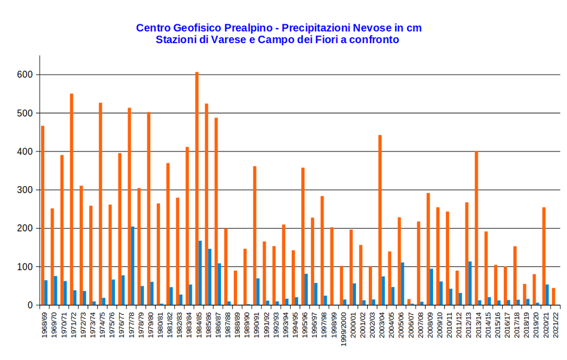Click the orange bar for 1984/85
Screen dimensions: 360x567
197,188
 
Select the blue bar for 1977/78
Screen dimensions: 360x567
132,266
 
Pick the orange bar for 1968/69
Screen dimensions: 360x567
43,215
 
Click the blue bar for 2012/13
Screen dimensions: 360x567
470,283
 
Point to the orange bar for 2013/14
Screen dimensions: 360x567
476,228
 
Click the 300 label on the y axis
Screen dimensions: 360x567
25,190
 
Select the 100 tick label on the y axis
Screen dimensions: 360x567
25,267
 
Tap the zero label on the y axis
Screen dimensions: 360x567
31,305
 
